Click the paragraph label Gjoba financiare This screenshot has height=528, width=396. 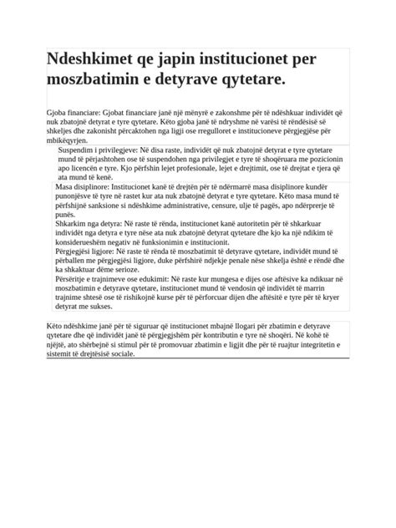pos(74,113)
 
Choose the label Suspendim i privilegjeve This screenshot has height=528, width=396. pos(94,146)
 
